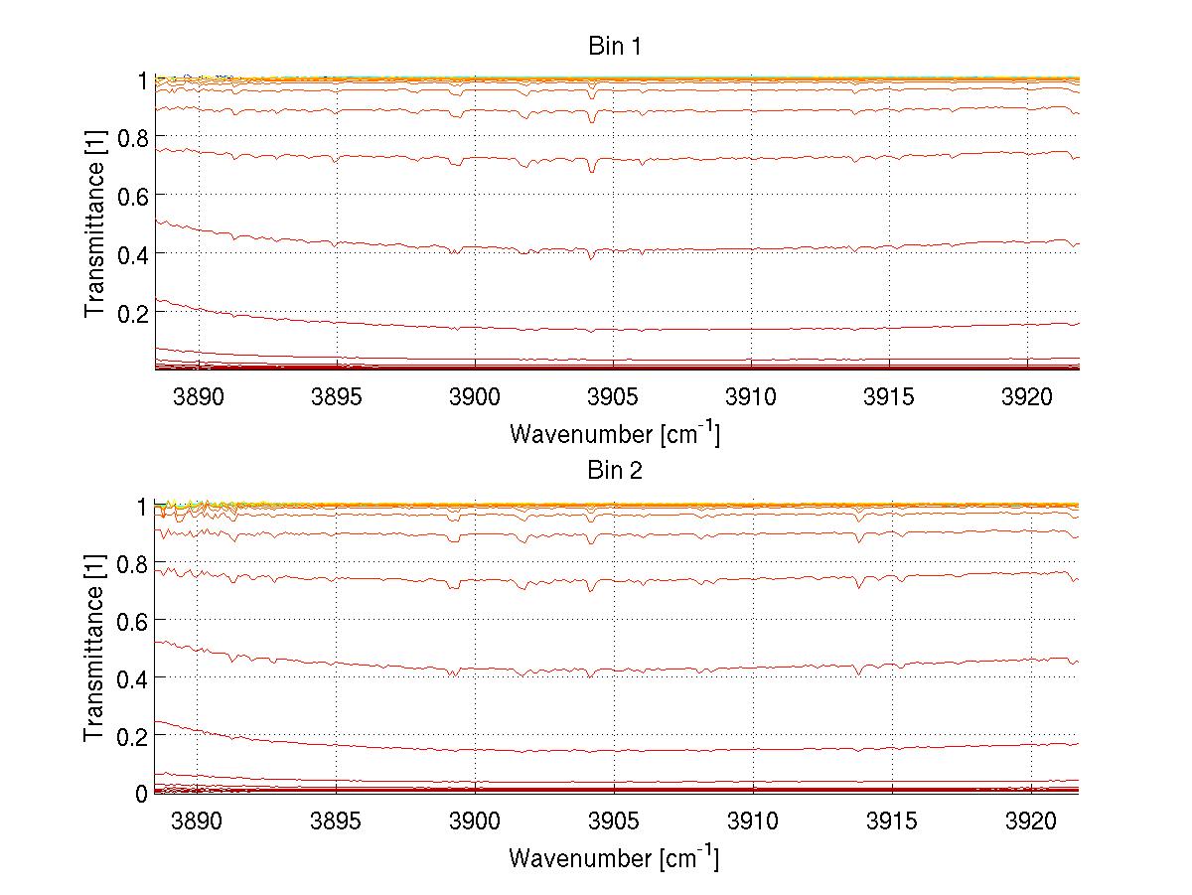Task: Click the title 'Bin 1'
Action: [x=615, y=46]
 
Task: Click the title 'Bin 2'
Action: [x=615, y=471]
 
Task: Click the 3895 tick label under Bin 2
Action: [x=337, y=820]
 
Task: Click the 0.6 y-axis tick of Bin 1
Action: [x=131, y=195]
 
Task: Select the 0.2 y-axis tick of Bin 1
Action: [x=131, y=312]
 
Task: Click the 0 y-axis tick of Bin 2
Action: [x=141, y=793]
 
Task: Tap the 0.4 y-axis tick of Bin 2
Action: [x=131, y=677]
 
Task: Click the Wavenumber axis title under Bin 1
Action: [x=614, y=433]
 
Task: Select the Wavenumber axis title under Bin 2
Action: [x=614, y=856]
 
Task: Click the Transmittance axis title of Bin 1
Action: [x=94, y=224]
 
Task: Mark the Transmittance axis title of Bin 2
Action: [x=94, y=650]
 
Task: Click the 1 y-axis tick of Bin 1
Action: [x=141, y=79]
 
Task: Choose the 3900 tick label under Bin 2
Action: [x=475, y=820]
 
